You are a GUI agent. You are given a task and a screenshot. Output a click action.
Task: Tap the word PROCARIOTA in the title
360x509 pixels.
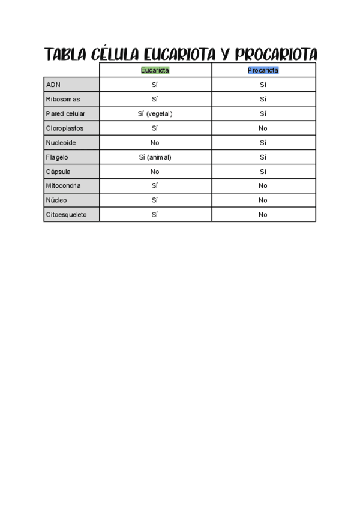(276, 55)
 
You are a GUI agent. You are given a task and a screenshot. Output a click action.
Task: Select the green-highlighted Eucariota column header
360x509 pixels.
(155, 70)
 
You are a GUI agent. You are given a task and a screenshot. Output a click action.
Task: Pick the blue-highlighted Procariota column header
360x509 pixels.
(263, 70)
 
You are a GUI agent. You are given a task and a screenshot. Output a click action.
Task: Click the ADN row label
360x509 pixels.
(53, 85)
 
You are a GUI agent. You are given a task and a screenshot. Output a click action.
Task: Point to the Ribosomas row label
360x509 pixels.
(62, 99)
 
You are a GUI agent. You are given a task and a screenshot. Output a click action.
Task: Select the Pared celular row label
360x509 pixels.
(65, 113)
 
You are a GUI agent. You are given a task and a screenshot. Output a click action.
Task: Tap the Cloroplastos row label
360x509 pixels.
(65, 128)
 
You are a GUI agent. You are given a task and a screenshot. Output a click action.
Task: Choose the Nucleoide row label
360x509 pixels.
(61, 143)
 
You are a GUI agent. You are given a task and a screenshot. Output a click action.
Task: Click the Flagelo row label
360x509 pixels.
(57, 157)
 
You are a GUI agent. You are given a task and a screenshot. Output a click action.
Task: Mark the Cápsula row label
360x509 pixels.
(58, 172)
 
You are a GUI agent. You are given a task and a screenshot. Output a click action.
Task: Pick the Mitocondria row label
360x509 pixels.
(63, 186)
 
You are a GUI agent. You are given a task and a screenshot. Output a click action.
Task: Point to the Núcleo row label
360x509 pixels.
(56, 200)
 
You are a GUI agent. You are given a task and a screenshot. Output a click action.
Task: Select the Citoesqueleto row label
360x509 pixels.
(66, 215)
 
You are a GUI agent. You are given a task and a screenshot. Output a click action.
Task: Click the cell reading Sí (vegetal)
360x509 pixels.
(155, 113)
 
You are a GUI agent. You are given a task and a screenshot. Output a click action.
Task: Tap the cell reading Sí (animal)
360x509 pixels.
(155, 157)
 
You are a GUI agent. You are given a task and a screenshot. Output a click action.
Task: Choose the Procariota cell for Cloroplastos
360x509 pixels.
(263, 128)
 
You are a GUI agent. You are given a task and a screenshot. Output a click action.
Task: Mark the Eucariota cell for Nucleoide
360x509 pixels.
(155, 143)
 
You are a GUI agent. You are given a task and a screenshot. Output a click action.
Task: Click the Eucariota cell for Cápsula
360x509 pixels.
(155, 172)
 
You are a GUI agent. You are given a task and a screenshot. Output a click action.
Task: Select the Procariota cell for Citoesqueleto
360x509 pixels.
(263, 215)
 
